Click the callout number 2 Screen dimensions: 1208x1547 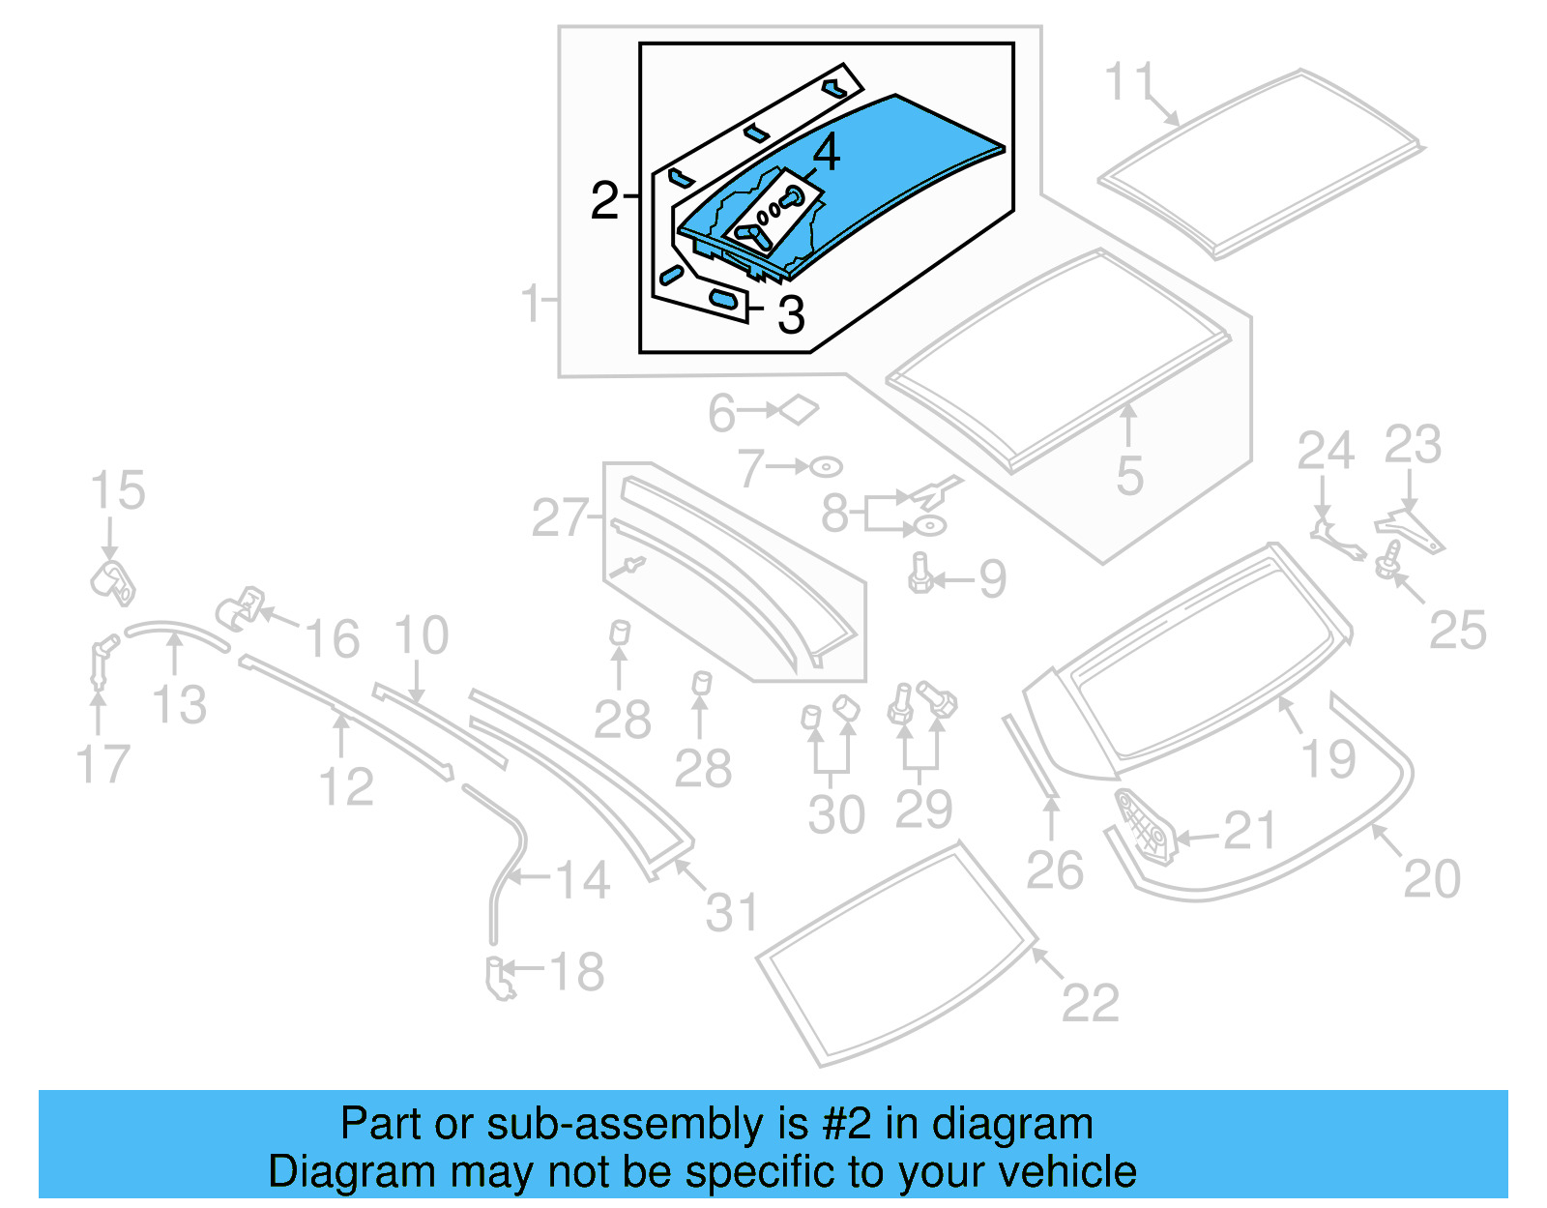604,200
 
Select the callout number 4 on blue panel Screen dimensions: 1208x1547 826,153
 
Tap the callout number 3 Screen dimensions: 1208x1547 791,315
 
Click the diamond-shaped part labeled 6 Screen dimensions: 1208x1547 799,410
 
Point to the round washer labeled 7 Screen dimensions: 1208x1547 826,467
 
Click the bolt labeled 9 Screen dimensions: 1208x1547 919,574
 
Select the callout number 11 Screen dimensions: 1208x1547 1129,81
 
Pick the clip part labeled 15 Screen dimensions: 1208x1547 113,581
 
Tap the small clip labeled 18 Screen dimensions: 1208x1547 500,977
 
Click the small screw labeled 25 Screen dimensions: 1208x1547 1389,559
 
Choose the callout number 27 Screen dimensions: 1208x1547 559,518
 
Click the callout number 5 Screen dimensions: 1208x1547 1129,476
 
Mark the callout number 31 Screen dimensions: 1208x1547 732,912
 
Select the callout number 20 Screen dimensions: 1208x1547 1431,879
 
